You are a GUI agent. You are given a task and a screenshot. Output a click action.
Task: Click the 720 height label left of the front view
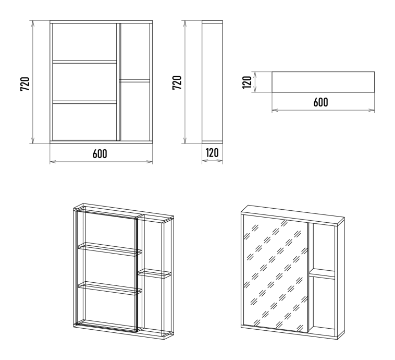24,82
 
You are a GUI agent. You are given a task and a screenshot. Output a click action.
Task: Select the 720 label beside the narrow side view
177,82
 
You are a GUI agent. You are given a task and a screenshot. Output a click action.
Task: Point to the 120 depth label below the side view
212,153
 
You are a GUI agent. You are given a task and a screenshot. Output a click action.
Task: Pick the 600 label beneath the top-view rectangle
320,102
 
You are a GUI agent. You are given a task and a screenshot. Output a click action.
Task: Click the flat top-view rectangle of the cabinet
323,82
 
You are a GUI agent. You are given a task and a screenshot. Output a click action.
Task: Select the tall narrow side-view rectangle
212,82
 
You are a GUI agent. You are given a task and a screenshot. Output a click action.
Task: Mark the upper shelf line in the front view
84,62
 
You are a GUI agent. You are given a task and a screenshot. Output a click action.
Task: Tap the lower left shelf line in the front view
84,102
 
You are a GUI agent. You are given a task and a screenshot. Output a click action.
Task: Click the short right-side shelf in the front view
135,80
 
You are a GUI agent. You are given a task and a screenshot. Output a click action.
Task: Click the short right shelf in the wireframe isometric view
154,273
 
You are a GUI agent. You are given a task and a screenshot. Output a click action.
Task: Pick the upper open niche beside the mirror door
324,246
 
